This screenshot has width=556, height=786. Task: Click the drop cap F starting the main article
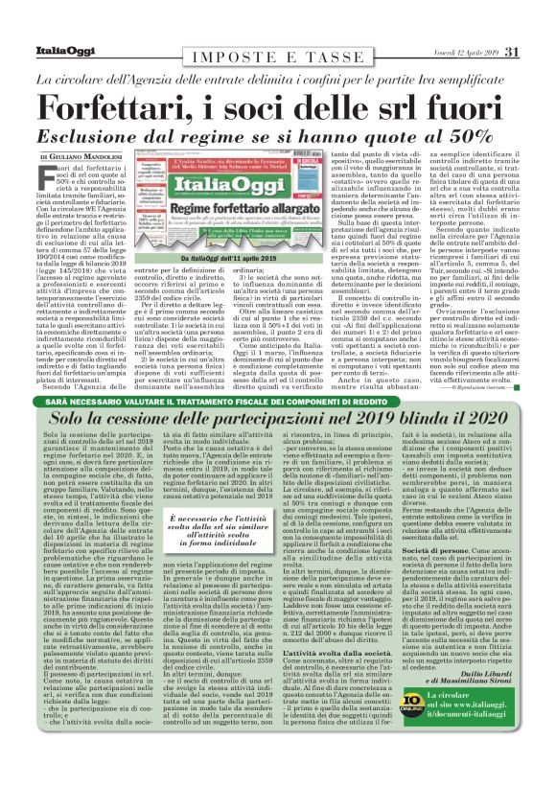pos(51,176)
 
